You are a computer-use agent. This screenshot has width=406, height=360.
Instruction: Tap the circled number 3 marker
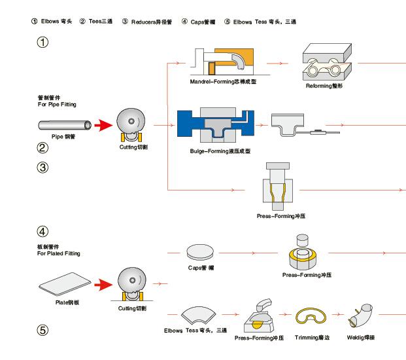[x=43, y=168]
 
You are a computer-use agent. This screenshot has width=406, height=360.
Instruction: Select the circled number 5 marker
[x=43, y=330]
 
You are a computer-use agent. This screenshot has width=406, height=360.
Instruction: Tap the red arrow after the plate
[x=104, y=285]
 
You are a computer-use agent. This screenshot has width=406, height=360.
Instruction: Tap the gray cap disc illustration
[x=201, y=251]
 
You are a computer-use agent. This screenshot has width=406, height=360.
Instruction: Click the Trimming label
[x=313, y=338]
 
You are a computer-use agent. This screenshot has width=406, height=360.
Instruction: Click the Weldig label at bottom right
[x=361, y=338]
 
